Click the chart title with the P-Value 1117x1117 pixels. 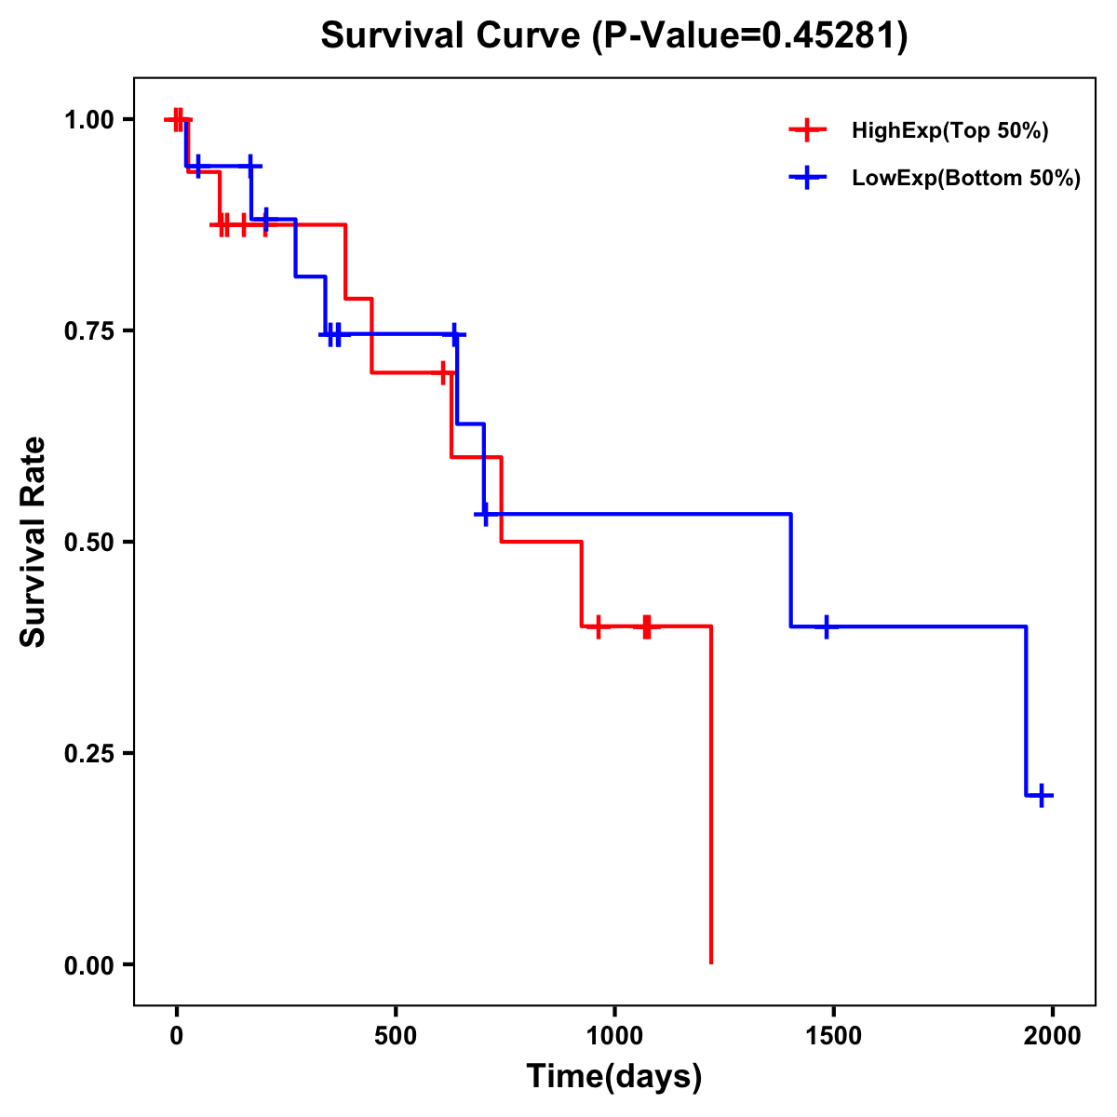pos(614,36)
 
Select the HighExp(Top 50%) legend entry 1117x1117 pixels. pos(949,131)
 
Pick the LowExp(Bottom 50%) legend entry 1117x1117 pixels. pos(965,179)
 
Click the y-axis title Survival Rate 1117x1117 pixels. pos(34,542)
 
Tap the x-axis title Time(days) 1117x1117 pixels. pos(614,1077)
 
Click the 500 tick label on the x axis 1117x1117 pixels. pos(396,1036)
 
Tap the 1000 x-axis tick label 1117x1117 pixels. pos(614,1036)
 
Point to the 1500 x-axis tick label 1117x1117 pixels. pos(833,1036)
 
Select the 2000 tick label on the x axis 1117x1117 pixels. pos(1053,1036)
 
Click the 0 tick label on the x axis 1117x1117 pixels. pos(176,1036)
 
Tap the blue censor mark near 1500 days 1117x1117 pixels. pos(826,626)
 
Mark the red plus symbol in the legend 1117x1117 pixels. pos(807,130)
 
